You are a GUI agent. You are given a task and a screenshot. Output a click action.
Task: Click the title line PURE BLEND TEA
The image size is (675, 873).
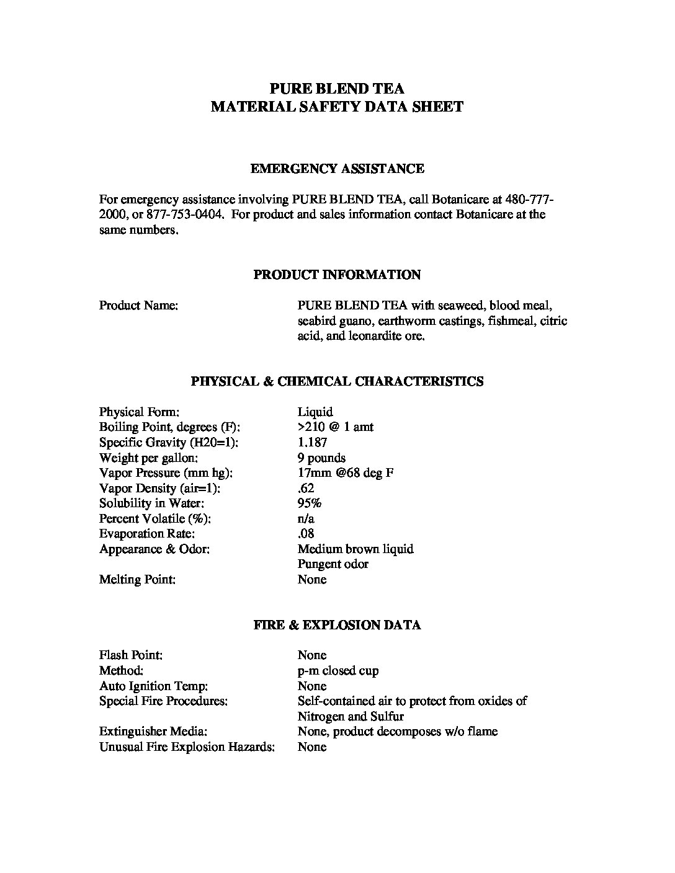tap(337, 88)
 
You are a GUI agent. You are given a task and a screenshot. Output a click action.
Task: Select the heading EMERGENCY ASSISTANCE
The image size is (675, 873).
tap(337, 169)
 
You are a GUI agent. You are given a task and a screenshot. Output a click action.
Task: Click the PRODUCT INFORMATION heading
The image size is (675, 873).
tap(337, 275)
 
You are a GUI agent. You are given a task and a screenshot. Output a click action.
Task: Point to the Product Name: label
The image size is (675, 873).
tap(138, 306)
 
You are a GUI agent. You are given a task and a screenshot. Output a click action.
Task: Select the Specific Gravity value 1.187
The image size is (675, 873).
tap(312, 443)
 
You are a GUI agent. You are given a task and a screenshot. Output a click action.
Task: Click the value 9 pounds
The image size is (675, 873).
tap(321, 458)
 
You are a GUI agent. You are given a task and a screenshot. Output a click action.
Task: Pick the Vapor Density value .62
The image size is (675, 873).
tap(306, 489)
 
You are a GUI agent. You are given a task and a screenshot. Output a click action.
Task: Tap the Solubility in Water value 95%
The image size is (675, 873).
tap(309, 503)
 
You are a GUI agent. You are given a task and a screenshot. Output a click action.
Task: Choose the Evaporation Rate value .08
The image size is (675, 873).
tap(306, 534)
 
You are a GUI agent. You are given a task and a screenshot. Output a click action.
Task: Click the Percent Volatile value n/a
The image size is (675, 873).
tap(306, 519)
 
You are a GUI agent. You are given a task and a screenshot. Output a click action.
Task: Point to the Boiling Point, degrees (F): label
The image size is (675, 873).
tap(169, 427)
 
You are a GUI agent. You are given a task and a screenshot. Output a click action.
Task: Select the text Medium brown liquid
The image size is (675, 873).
tap(355, 549)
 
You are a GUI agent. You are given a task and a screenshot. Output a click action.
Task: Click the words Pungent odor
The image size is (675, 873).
tap(333, 564)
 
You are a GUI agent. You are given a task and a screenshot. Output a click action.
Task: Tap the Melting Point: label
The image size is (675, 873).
tap(137, 580)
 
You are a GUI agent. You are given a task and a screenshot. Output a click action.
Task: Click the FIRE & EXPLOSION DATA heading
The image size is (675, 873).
tap(337, 625)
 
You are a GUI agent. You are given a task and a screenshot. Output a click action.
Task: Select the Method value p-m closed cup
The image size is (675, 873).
tap(338, 671)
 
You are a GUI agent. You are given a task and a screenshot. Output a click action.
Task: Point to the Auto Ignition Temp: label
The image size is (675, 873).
tap(153, 686)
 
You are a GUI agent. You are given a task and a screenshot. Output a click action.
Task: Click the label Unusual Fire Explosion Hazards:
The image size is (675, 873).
tap(187, 747)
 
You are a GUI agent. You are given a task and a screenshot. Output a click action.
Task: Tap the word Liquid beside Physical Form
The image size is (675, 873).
tap(315, 412)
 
